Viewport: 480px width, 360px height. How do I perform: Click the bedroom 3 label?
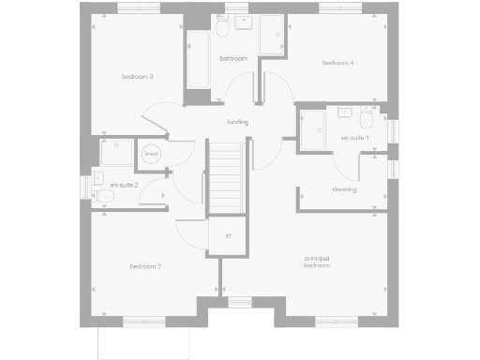pos(138,76)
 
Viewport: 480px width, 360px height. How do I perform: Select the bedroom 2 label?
pos(146,267)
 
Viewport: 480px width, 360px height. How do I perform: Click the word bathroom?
pos(233,58)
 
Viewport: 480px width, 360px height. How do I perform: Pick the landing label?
pos(237,122)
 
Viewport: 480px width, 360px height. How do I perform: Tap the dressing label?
pos(343,189)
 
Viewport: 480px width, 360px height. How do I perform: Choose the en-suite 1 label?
pos(354,138)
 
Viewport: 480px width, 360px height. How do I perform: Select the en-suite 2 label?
pos(124,186)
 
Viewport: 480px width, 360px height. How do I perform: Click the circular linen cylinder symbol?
pos(150,153)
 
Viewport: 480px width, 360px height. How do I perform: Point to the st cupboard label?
pos(228,235)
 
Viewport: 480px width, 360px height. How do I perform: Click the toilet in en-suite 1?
pos(366,122)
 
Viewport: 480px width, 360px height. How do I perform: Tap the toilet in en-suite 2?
pos(99,186)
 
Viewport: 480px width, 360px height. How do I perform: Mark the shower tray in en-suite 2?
pos(116,153)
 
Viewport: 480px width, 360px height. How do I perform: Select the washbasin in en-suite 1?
pos(344,113)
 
